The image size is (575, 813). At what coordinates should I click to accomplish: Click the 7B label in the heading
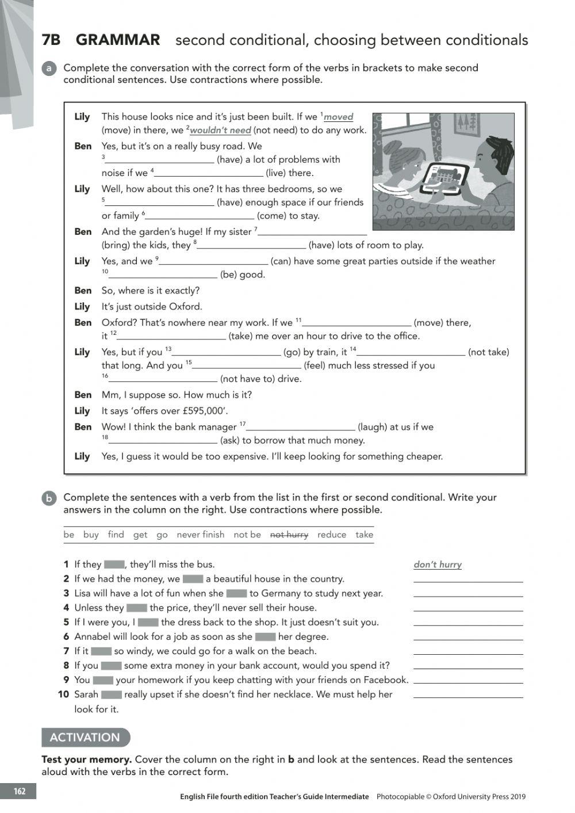coord(51,40)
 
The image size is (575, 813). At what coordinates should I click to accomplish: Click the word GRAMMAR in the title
coord(118,40)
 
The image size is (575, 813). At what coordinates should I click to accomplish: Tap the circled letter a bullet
coord(49,68)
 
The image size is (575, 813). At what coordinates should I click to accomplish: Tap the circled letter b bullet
coord(49,498)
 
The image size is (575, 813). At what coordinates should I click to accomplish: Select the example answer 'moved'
coord(338,117)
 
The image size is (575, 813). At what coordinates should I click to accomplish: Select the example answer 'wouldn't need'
coord(220,130)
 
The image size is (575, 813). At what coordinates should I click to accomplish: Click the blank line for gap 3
coord(159,160)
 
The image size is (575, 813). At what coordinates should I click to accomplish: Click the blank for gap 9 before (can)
coord(213,262)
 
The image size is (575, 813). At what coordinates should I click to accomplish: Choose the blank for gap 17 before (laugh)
coord(300,427)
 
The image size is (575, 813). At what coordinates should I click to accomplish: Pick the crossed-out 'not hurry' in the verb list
coord(289,535)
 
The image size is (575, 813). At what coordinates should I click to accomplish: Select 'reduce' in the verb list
coord(332,535)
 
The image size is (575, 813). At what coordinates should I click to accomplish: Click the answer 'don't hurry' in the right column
coord(438,564)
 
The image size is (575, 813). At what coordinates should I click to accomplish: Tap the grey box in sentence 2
coord(193,579)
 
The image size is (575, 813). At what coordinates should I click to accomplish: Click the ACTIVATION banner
coord(85,737)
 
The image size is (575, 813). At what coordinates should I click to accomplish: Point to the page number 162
coord(20,791)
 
